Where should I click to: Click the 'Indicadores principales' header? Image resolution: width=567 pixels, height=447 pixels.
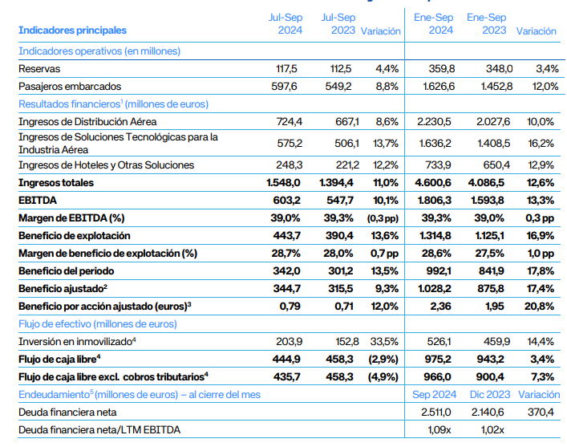pos(72,30)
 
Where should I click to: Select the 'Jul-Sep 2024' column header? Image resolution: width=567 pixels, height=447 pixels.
pos(285,23)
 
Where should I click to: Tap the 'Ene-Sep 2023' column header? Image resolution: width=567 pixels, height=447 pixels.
pos(487,23)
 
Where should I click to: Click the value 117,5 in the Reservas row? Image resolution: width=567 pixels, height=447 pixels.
pos(287,69)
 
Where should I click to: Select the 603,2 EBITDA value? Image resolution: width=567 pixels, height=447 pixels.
pos(286,201)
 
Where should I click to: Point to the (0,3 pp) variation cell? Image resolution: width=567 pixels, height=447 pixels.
pos(381,218)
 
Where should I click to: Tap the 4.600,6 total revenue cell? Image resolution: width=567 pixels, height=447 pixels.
pos(434,183)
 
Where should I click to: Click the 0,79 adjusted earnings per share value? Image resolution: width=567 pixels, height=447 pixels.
pos(289,305)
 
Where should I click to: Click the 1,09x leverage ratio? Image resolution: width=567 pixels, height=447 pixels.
pos(440,430)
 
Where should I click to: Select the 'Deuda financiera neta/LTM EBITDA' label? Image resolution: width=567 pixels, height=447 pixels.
pos(99,430)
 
